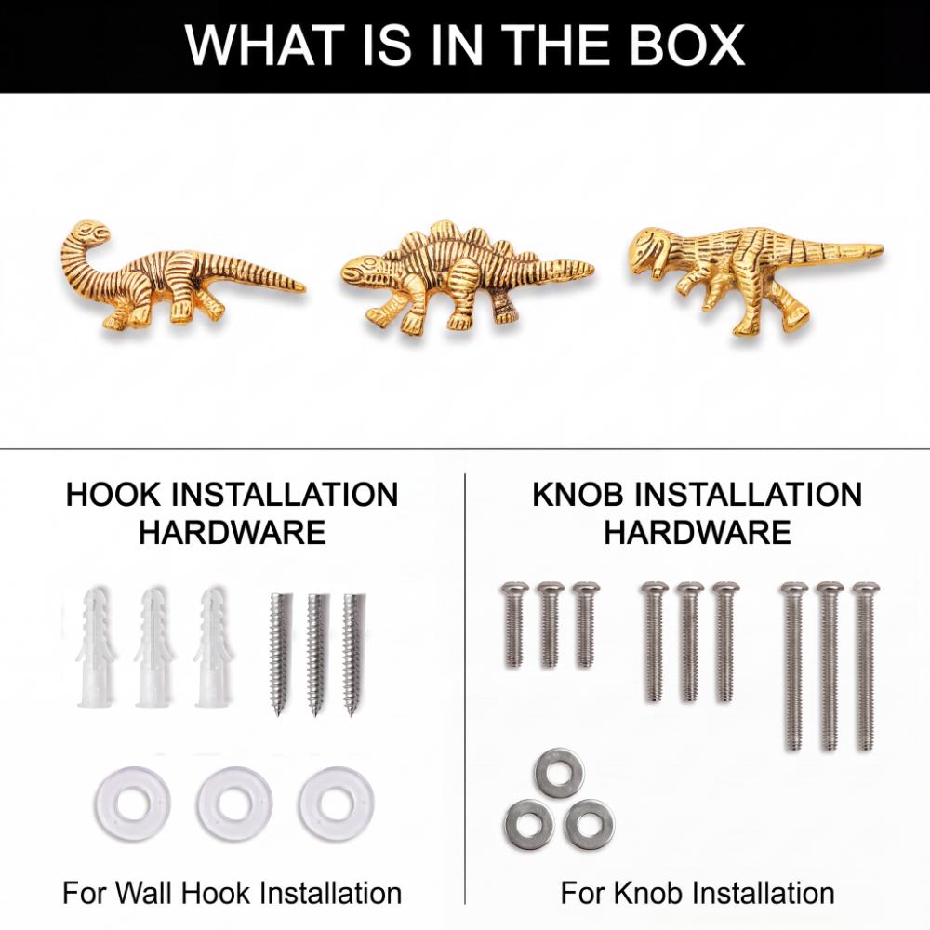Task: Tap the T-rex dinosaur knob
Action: pyautogui.click(x=753, y=279)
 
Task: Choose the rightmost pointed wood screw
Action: pyautogui.click(x=353, y=654)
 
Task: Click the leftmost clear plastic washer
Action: pyautogui.click(x=133, y=804)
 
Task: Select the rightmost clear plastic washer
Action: pyautogui.click(x=337, y=804)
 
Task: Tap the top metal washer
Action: pyautogui.click(x=559, y=773)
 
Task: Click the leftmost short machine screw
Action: pyautogui.click(x=514, y=625)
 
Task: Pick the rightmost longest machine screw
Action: pyautogui.click(x=865, y=666)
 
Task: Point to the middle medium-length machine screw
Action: pyautogui.click(x=689, y=643)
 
